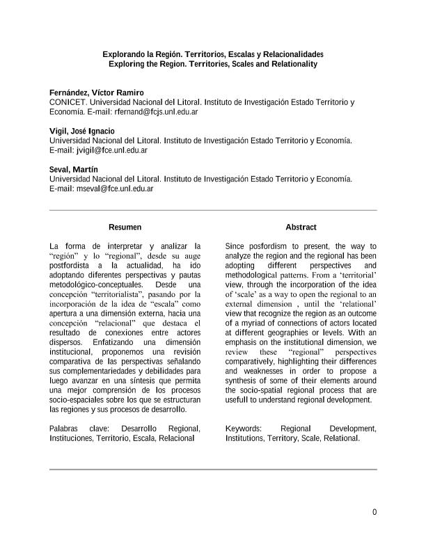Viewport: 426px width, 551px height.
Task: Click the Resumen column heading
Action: click(125, 227)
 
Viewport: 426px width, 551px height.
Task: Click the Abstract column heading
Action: click(301, 227)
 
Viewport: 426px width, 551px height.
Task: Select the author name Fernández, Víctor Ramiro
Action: click(97, 93)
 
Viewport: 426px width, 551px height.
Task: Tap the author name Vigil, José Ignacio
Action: click(82, 131)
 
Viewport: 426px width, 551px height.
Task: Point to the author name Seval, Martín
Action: click(73, 170)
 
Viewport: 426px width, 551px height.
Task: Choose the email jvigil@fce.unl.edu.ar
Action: click(111, 150)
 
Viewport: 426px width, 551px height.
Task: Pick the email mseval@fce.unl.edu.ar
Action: click(115, 189)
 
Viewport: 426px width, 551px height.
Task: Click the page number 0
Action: click(374, 513)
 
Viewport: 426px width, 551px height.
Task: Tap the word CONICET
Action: click(68, 102)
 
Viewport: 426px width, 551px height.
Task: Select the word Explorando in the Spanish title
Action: click(123, 54)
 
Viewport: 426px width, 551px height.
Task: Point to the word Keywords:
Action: click(244, 429)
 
